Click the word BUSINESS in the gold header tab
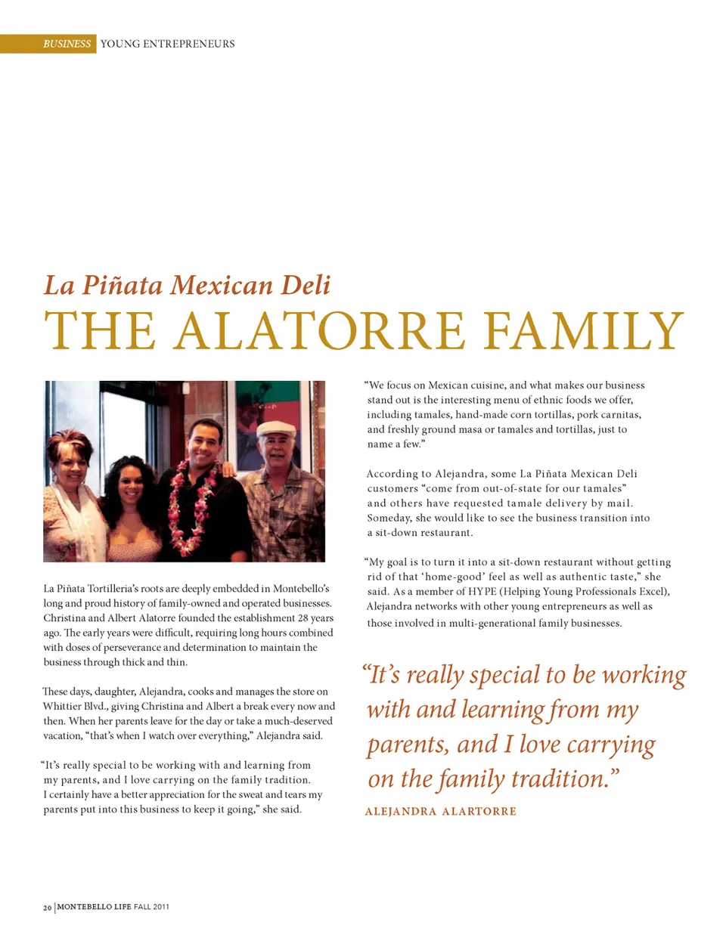point(67,44)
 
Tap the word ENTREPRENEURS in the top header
point(189,44)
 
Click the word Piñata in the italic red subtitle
point(122,285)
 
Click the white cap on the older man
point(275,429)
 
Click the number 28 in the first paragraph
point(302,618)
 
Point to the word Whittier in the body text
point(62,706)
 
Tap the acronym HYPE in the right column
point(482,591)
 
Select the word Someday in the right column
point(389,518)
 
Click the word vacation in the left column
point(62,735)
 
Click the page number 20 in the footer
point(47,907)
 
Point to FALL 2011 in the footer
point(151,906)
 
